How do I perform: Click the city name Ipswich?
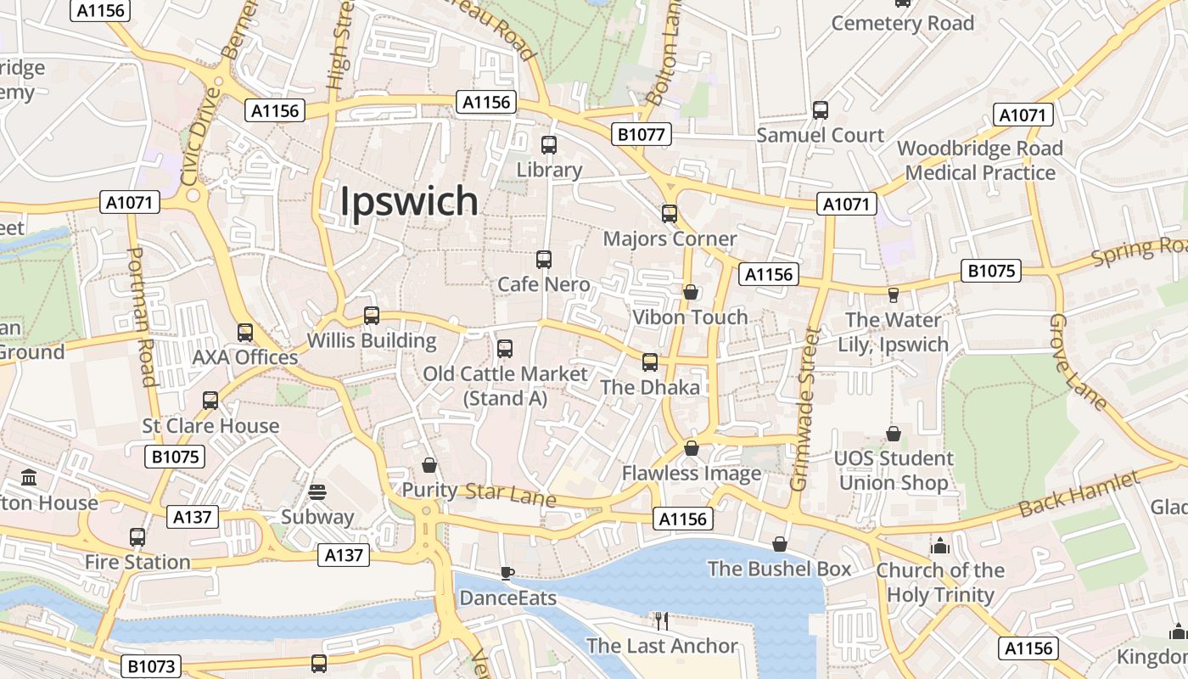coord(409,201)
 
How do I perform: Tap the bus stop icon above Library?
coord(549,145)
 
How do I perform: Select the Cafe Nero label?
coord(544,284)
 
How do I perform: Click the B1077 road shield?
coord(642,134)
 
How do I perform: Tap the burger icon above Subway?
coord(317,492)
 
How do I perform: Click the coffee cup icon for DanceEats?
coord(507,573)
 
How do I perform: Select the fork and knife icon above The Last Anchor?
coord(662,620)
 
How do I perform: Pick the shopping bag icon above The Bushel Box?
coord(780,544)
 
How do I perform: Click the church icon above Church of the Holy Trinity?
coord(939,545)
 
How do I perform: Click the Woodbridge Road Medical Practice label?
coord(980,160)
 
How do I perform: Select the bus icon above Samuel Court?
coord(820,110)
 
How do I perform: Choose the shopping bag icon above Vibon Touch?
coord(691,292)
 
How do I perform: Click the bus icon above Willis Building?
coord(371,316)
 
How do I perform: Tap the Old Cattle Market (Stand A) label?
coord(505,385)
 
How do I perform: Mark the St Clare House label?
coord(210,426)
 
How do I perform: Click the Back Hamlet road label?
coord(1079,495)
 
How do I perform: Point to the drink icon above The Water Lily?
coord(893,295)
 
